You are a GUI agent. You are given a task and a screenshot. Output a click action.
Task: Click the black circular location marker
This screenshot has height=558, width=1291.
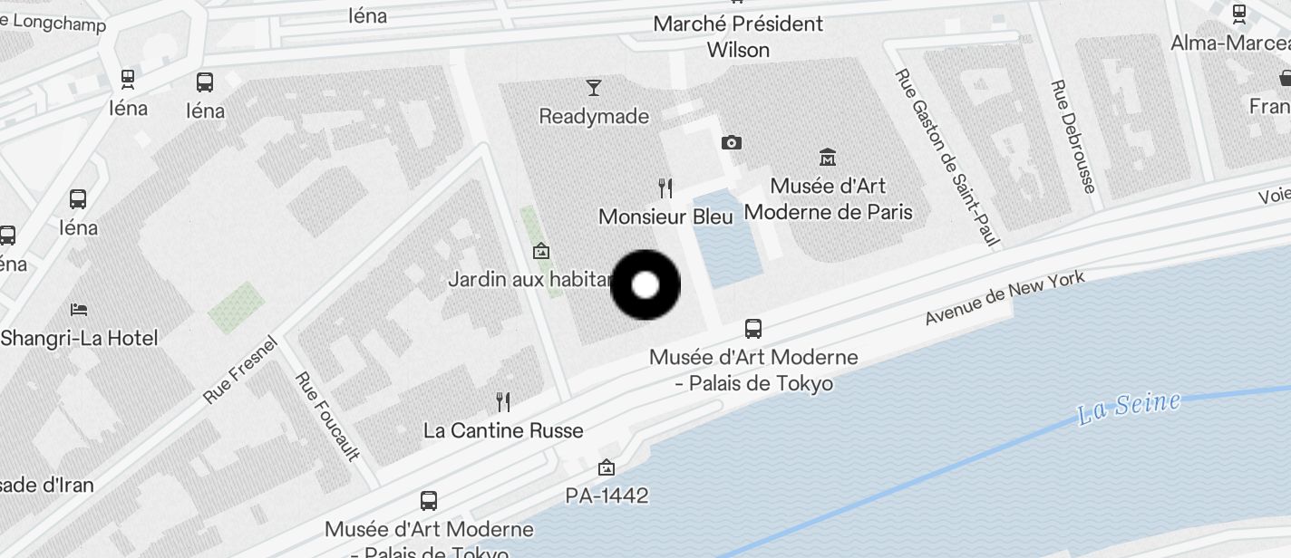point(645,285)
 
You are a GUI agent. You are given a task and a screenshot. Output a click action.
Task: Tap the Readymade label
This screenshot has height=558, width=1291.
point(594,117)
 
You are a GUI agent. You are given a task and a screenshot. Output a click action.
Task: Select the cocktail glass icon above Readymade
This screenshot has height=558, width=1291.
point(594,88)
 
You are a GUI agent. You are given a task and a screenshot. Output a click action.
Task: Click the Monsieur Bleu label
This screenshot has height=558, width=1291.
point(665,217)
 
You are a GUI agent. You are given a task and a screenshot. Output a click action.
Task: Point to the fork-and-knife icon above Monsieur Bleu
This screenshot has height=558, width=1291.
point(665,188)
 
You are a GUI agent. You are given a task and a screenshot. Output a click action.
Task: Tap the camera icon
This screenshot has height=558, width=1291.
point(732,142)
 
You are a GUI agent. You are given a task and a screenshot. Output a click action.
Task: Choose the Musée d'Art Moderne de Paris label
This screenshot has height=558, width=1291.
point(828,199)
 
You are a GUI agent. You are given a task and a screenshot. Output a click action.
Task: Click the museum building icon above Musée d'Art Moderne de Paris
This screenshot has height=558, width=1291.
point(827,157)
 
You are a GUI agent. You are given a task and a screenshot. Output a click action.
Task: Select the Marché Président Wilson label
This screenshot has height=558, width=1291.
point(738,36)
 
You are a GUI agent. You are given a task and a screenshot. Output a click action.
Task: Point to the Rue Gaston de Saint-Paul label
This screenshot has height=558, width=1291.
point(947,158)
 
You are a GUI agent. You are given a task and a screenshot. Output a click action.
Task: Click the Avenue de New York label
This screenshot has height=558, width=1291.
point(1005,298)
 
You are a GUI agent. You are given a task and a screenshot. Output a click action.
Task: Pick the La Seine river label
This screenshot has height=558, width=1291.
point(1129,408)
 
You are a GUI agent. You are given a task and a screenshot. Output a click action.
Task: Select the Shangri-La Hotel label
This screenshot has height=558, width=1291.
point(80,339)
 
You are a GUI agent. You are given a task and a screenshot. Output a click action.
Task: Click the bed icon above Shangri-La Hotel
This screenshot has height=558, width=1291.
point(79,309)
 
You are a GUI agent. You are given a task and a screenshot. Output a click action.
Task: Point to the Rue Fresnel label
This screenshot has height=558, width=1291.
point(239,370)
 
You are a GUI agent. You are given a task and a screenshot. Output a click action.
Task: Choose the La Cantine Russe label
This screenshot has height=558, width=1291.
point(503,431)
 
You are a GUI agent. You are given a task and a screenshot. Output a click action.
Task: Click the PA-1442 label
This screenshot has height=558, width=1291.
point(607,495)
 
